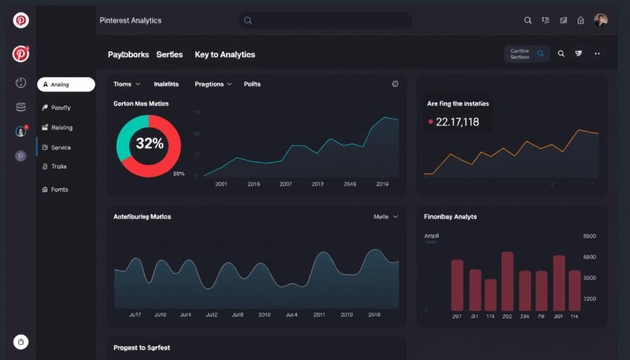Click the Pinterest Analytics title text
coord(130,20)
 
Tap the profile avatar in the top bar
coord(600,20)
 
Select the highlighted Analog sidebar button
coord(66,84)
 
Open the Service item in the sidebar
coord(60,148)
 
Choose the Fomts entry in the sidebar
coord(59,190)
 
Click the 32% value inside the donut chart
coord(150,144)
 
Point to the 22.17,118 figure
coord(457,122)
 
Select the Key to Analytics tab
coord(225,55)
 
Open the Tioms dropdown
coord(127,84)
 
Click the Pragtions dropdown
coord(213,84)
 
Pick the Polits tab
coord(252,84)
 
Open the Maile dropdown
coord(386,217)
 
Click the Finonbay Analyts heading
coord(450,217)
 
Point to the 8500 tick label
coord(589,236)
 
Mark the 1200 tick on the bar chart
coord(589,299)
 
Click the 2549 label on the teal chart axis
coord(349,184)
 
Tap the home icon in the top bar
coord(580,20)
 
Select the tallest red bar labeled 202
coord(507,281)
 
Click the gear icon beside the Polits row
coord(395,84)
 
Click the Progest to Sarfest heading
coord(142,348)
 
